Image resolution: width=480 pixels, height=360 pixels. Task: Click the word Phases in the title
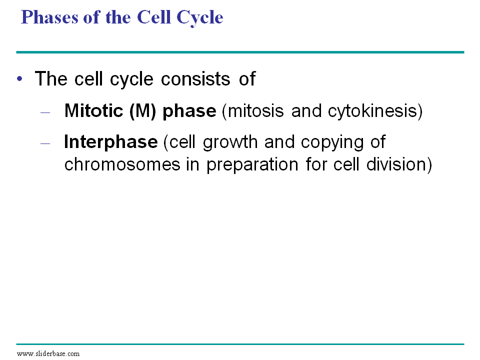tap(49, 17)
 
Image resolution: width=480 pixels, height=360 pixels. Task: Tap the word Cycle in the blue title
tap(200, 18)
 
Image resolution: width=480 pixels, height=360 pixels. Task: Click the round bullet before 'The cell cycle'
tap(20, 79)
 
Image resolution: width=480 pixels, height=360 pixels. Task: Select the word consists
tap(195, 79)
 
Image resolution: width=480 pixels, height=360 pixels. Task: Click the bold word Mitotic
tap(93, 110)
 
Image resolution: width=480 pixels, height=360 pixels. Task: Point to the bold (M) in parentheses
tap(142, 111)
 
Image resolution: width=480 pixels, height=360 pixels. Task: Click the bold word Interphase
tap(111, 142)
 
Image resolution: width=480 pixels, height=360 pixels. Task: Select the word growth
tap(230, 142)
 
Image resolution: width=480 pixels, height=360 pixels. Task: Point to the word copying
tap(332, 142)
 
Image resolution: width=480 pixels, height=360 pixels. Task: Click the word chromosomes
tap(122, 164)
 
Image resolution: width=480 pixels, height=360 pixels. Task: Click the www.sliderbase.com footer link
tap(48, 354)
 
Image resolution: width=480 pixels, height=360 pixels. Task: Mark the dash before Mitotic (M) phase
tap(45, 112)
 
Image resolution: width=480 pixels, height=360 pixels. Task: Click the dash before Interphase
tap(45, 143)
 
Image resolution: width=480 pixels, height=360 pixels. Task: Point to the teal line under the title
tap(240, 52)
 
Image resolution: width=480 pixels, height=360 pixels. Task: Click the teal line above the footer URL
tap(240, 344)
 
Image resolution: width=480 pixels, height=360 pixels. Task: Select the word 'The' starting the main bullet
tap(51, 79)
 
